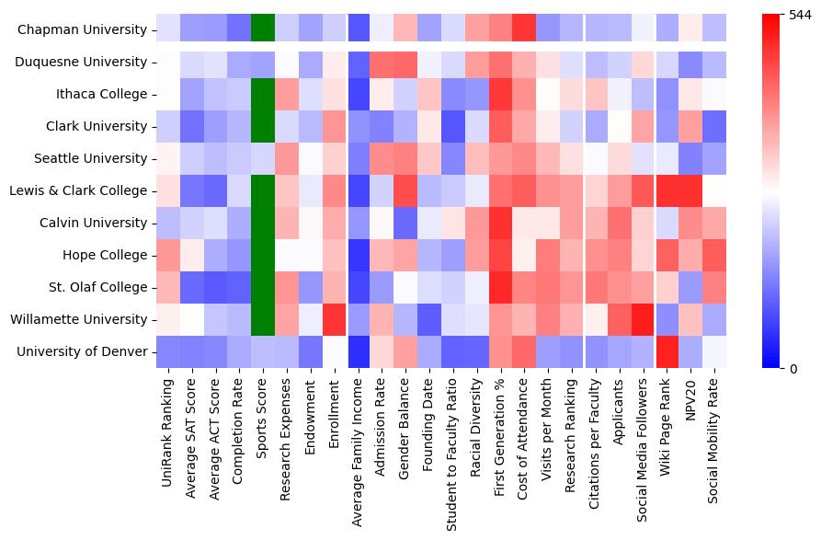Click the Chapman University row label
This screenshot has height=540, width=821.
(x=82, y=29)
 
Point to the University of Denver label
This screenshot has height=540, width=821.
(x=82, y=351)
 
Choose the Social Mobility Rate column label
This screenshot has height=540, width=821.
(x=715, y=442)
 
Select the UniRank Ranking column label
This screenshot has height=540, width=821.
(x=167, y=433)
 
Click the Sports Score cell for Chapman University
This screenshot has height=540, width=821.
(x=263, y=29)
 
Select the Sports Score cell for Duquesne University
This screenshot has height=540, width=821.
(x=263, y=62)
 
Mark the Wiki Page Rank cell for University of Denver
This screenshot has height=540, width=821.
(x=667, y=351)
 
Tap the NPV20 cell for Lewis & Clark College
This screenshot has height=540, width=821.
(x=691, y=190)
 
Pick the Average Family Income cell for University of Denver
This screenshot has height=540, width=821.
(x=359, y=351)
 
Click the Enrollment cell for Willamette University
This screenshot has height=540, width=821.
(x=335, y=319)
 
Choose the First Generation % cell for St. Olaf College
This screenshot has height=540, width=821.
(x=500, y=287)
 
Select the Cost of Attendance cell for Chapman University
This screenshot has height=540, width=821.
(x=524, y=29)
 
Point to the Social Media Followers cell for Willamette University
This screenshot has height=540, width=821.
(x=644, y=319)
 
